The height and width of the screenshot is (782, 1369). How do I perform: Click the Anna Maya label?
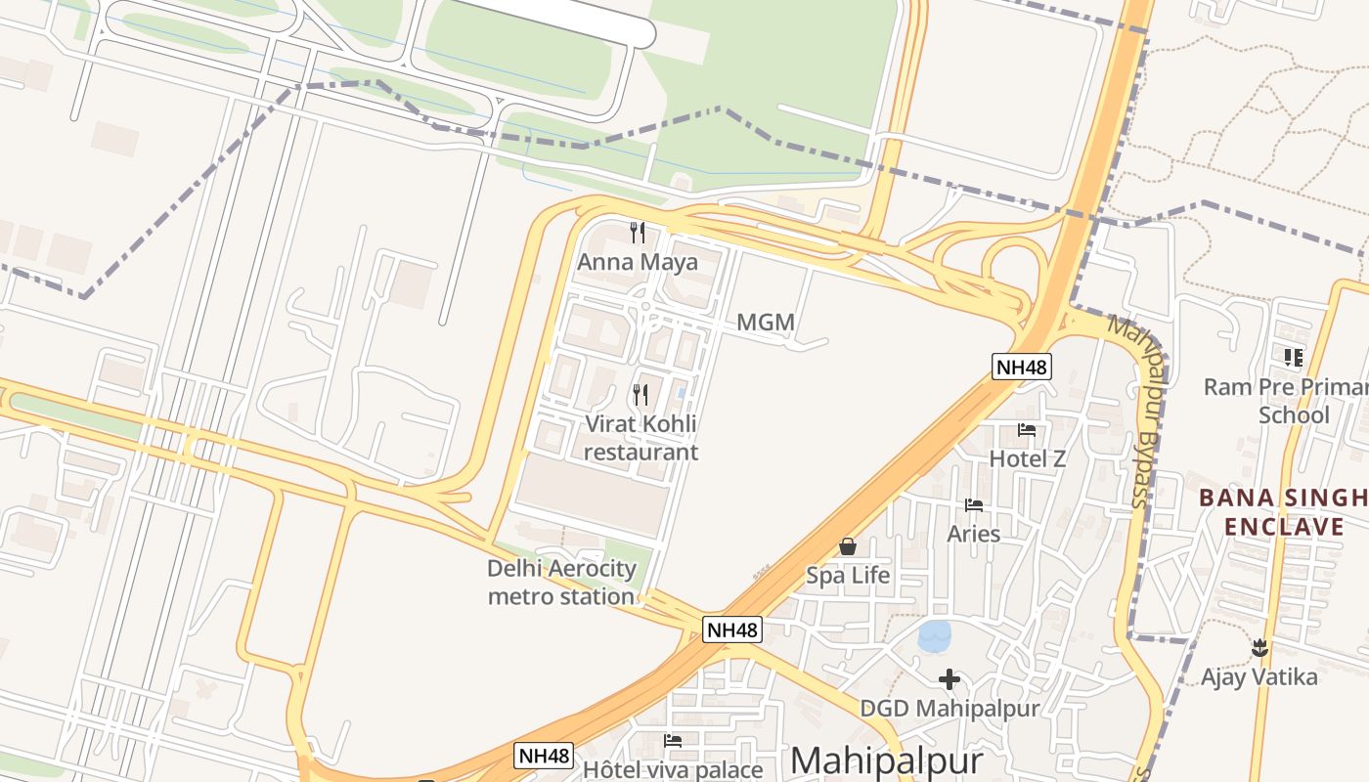pos(638,262)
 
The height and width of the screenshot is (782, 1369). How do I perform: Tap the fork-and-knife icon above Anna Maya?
pos(638,232)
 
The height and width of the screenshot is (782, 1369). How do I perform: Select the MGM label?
pos(765,322)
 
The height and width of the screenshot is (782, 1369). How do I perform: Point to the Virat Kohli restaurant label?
pos(641,437)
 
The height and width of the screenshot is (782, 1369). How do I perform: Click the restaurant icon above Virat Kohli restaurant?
pos(640,395)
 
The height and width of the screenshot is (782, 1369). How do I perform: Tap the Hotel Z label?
pos(1027,458)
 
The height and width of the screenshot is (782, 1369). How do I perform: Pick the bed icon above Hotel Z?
pos(1027,429)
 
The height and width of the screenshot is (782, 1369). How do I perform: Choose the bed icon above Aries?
pos(974,505)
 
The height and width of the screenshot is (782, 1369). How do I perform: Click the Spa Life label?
pos(848,575)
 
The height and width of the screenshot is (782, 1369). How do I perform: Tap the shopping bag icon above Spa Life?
pos(848,546)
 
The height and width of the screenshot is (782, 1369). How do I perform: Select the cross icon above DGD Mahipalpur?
pos(949,678)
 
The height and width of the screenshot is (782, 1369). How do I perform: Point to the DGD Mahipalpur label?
pos(949,708)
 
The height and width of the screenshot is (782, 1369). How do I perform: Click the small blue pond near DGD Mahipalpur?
pos(935,636)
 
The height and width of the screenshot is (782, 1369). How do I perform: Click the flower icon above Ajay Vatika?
pos(1259,647)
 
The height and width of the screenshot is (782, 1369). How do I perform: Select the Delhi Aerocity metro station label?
pos(561,582)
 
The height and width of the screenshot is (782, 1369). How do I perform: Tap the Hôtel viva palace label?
pos(672,769)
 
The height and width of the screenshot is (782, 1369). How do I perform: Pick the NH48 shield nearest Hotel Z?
pos(1021,367)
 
